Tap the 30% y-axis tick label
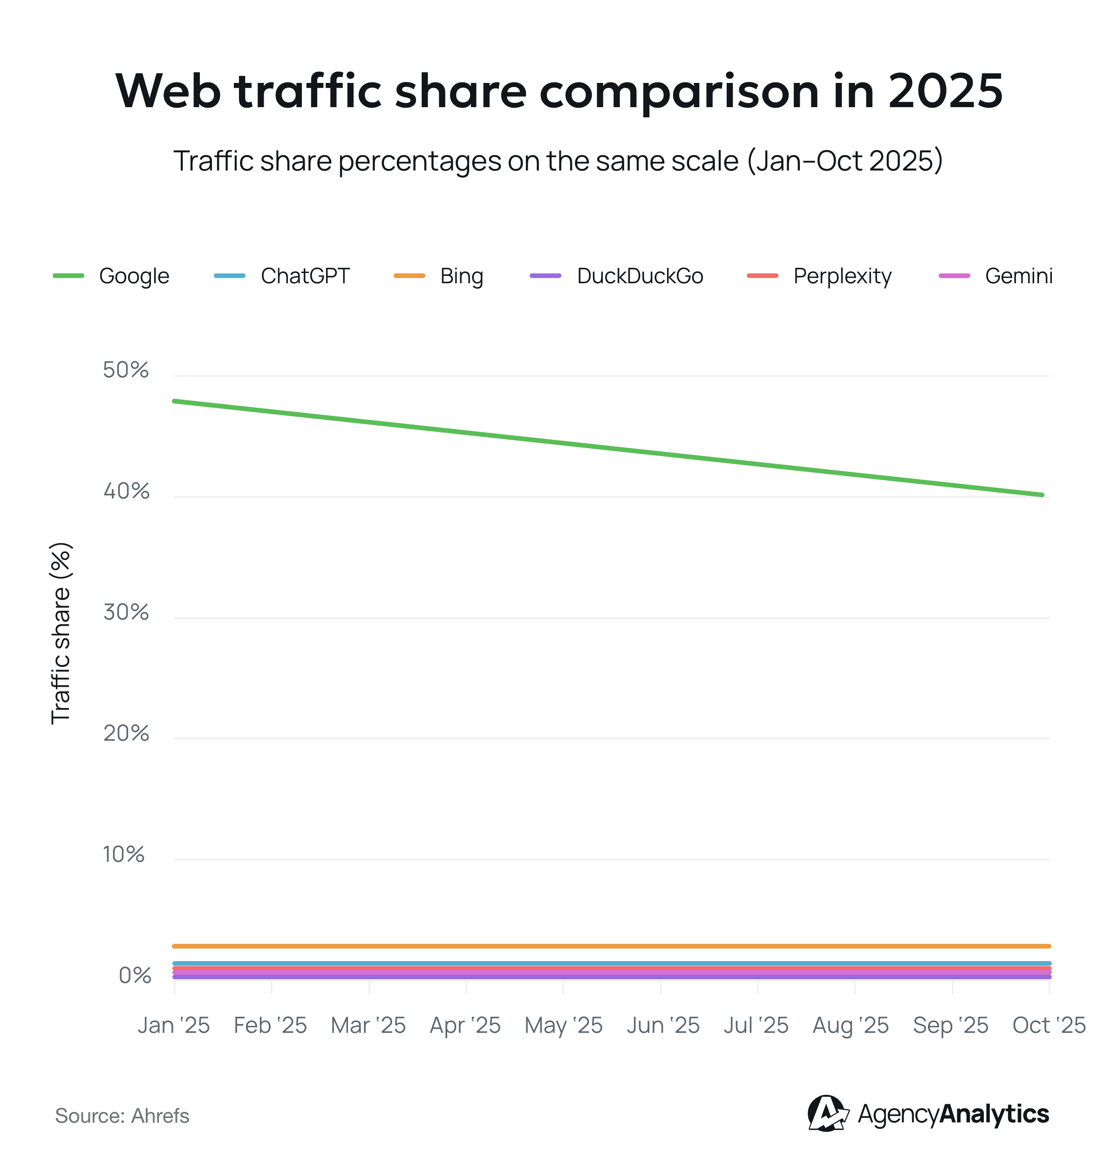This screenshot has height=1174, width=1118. click(126, 612)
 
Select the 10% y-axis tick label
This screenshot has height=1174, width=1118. click(123, 854)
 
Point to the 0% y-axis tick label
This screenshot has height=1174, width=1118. click(135, 975)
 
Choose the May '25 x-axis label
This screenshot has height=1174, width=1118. click(563, 1025)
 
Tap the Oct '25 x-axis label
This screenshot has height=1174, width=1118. click(1049, 1025)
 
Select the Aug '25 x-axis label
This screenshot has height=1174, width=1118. click(851, 1025)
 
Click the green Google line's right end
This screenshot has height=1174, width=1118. click(1042, 495)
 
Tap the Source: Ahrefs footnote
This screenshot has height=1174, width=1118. click(122, 1116)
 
